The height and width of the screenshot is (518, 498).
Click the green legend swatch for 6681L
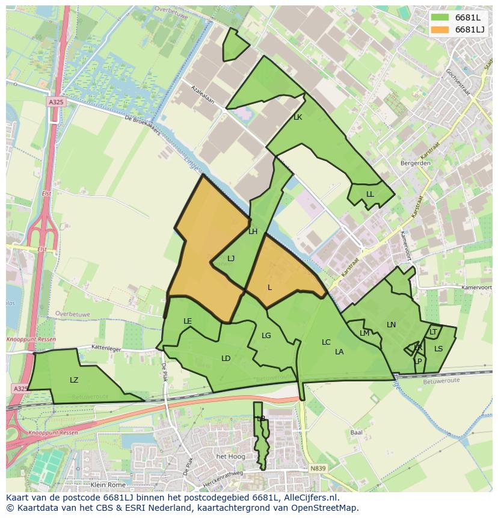click(x=440, y=17)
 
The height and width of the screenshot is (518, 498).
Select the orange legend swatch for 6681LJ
click(x=440, y=29)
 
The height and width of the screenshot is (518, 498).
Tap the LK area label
click(x=298, y=117)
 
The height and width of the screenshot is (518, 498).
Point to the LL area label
click(x=370, y=194)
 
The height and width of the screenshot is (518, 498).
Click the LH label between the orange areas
click(x=253, y=232)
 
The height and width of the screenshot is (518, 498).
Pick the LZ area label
click(x=74, y=380)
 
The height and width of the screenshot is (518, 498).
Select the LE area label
click(x=188, y=321)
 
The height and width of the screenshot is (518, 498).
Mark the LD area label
click(x=226, y=359)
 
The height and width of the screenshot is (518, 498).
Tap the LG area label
click(x=266, y=336)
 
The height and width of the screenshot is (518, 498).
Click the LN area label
click(x=391, y=325)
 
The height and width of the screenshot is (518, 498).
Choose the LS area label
click(x=438, y=349)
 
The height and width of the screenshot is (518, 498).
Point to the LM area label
click(x=364, y=333)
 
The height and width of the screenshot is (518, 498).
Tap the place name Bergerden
click(x=415, y=163)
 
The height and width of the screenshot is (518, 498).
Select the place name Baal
click(x=356, y=433)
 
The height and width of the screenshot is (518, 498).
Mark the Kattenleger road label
click(x=107, y=348)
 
